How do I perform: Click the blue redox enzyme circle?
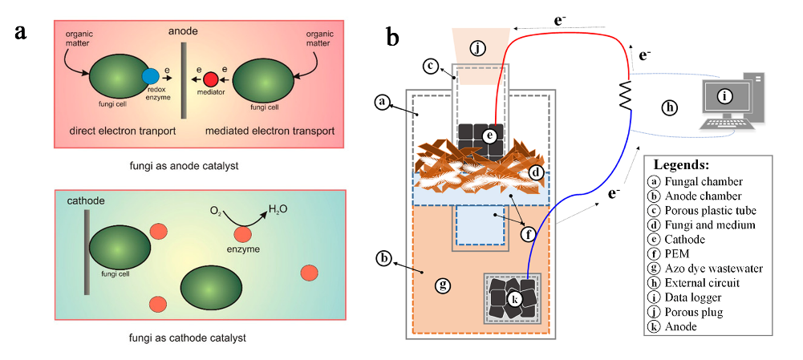point(150,77)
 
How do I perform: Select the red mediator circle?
point(211,79)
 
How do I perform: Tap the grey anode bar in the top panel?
point(183,80)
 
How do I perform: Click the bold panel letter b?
point(392,36)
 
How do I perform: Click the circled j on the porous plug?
point(479,48)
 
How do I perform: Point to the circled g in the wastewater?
point(439,284)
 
